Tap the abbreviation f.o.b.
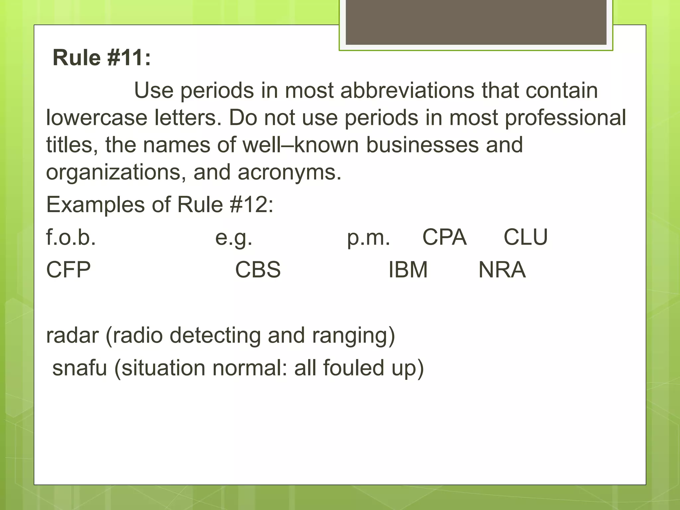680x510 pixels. tap(71, 237)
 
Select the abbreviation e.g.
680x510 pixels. tap(234, 238)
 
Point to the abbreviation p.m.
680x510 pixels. tap(368, 238)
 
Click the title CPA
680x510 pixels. tap(444, 237)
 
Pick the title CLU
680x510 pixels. tap(525, 237)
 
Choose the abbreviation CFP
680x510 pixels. tap(68, 270)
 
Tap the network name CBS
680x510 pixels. tap(258, 270)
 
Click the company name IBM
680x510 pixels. tap(408, 270)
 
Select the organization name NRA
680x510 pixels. tap(502, 270)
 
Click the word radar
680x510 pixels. tap(72, 335)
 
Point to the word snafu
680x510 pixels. tap(80, 368)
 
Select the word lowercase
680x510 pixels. tap(96, 118)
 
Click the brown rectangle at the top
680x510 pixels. tap(476, 22)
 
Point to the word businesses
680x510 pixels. tap(422, 145)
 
